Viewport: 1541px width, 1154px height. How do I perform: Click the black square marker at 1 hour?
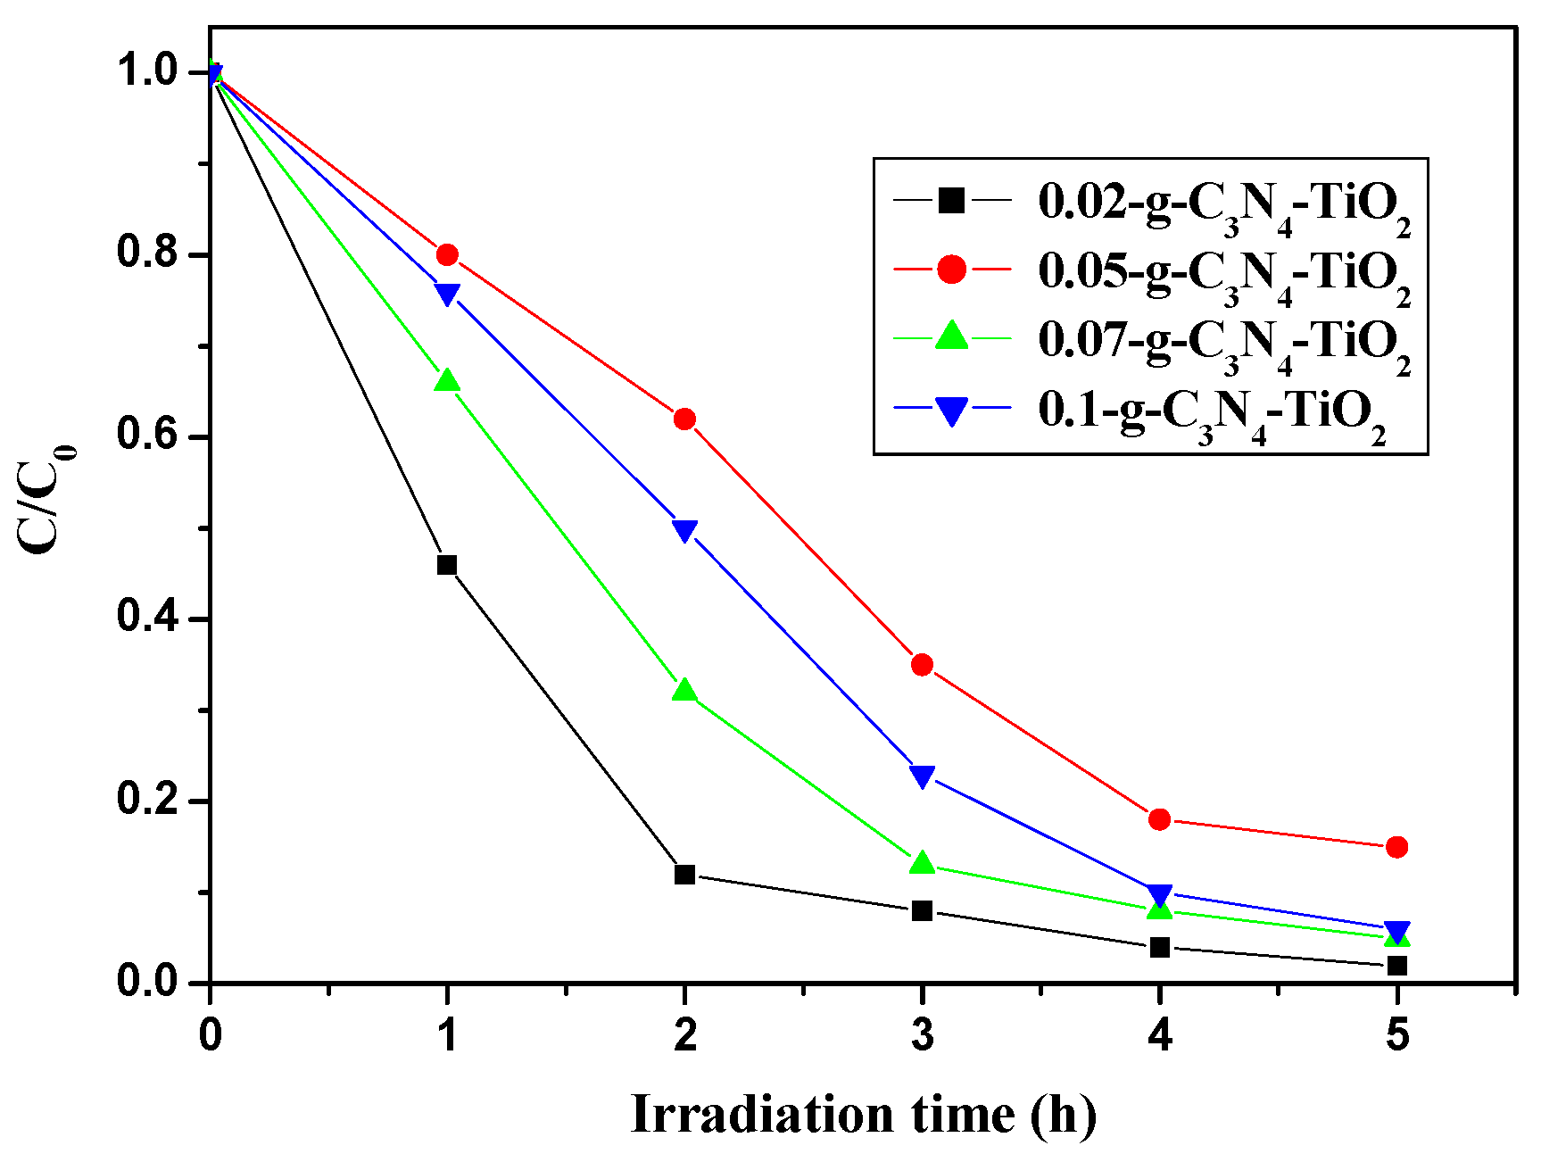point(447,565)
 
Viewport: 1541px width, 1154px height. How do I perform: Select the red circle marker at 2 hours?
point(684,419)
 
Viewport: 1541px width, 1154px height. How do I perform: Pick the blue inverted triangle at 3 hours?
point(922,776)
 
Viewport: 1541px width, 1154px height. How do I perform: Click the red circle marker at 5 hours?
point(1397,847)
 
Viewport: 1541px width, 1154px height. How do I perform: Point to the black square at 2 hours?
point(684,875)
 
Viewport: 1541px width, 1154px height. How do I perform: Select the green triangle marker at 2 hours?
point(684,691)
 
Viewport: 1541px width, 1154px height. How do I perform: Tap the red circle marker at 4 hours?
point(1159,819)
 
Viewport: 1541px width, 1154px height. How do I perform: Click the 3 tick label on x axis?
point(922,1035)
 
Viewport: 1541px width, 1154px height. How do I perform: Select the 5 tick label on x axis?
point(1397,1035)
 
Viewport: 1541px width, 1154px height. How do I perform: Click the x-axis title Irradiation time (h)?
point(863,1115)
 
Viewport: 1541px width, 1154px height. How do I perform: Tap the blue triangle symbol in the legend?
point(952,411)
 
